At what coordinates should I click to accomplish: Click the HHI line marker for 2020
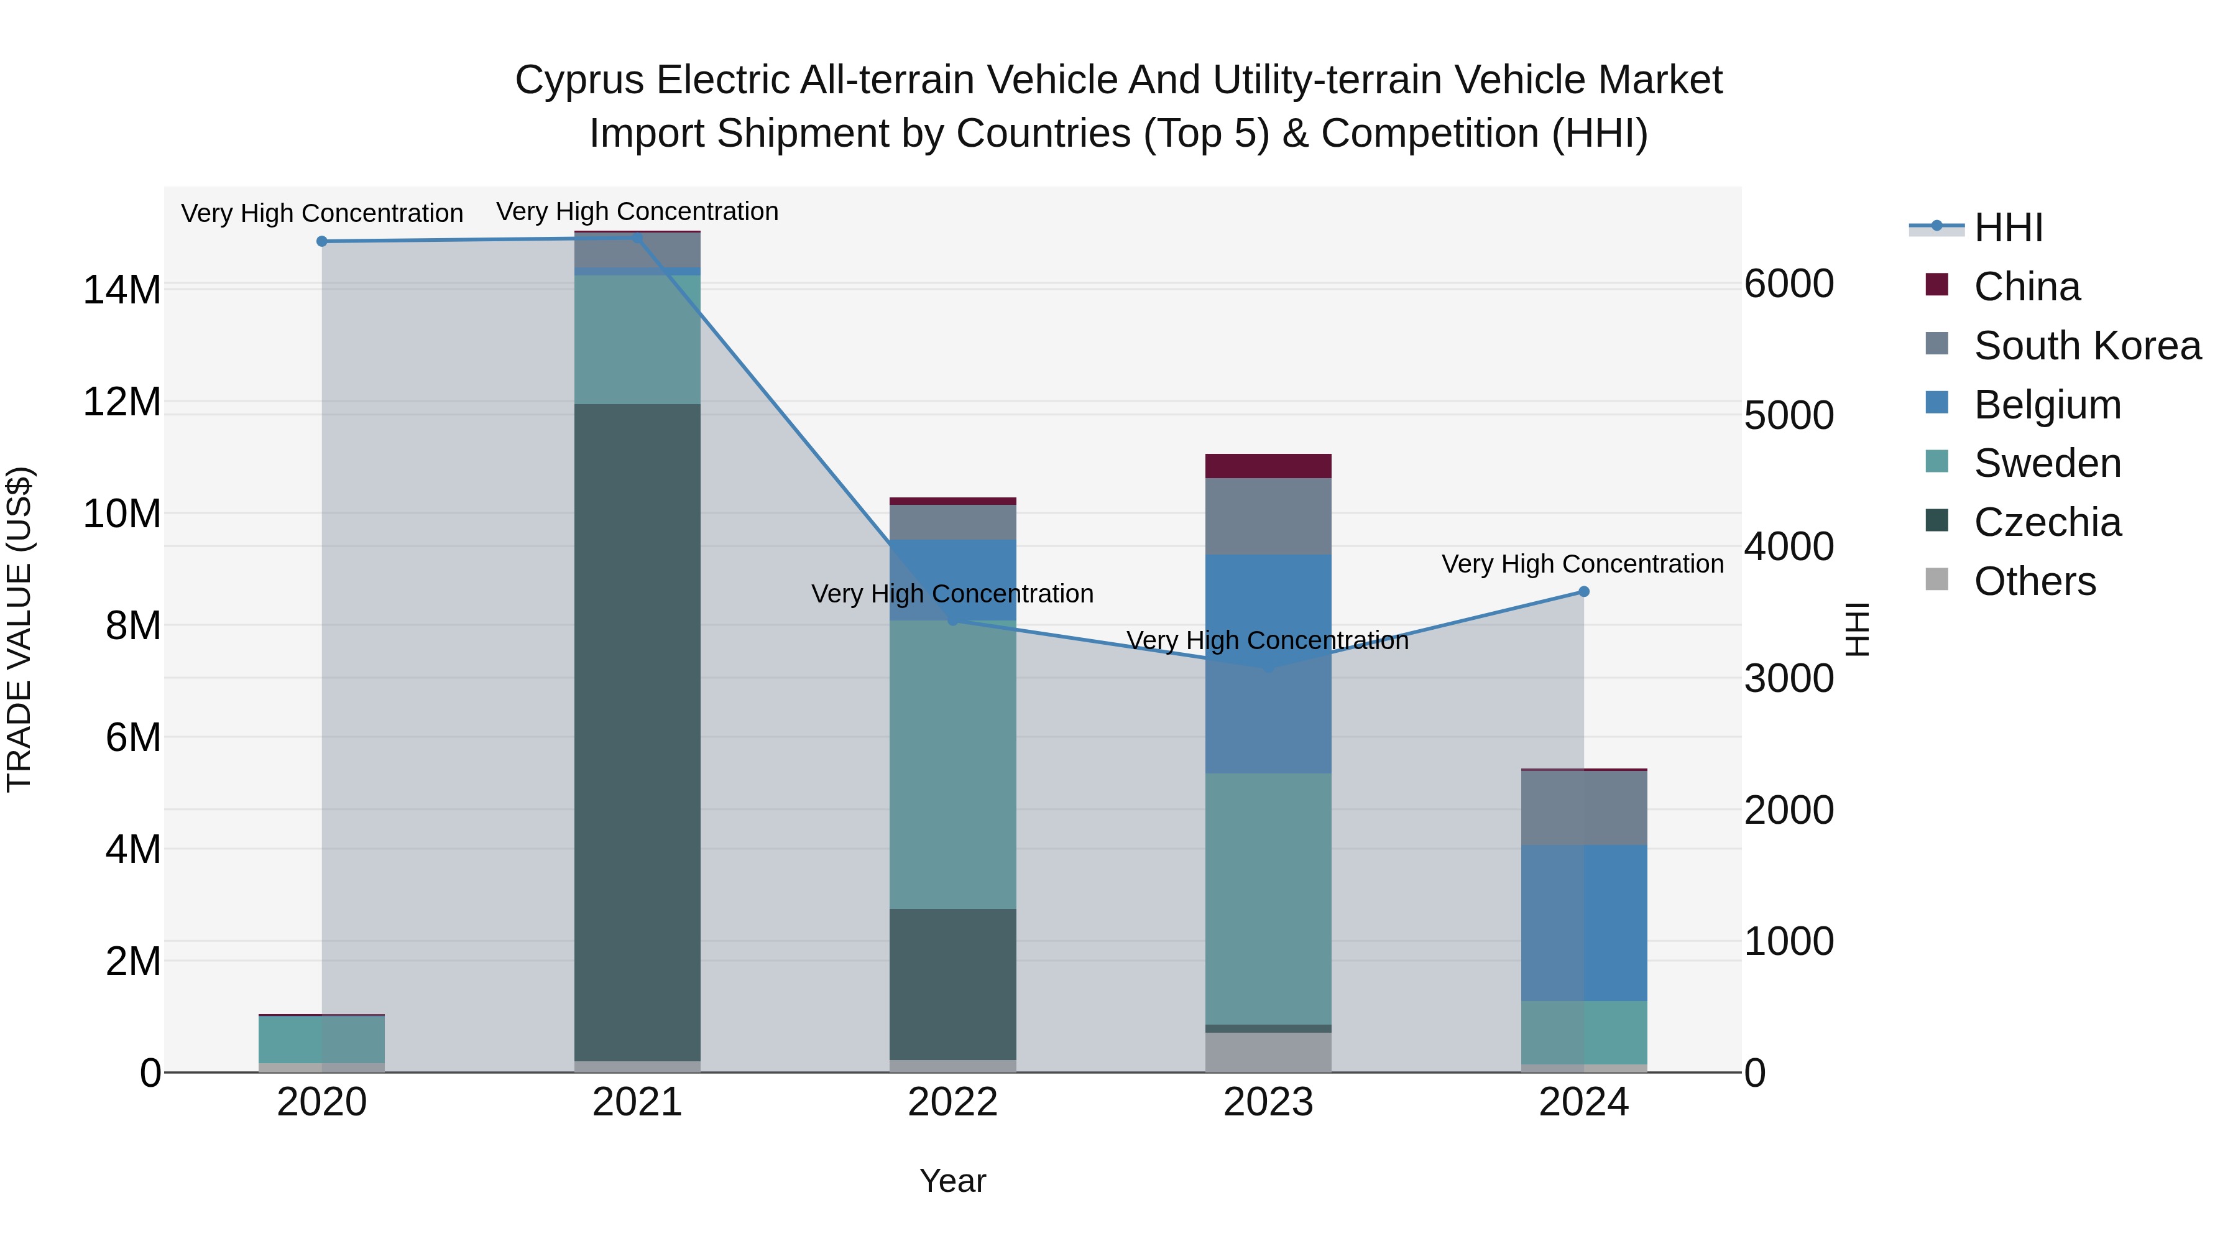click(x=321, y=241)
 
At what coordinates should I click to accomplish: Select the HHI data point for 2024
click(x=1583, y=592)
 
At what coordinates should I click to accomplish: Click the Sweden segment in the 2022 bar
click(x=952, y=765)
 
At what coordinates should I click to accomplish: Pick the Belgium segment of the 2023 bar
click(x=1268, y=664)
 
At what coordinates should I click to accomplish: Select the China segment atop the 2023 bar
click(x=1268, y=466)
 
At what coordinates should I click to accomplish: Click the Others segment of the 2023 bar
click(x=1268, y=1052)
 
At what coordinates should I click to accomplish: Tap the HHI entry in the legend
click(x=2007, y=228)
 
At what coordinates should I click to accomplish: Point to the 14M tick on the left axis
click(x=122, y=289)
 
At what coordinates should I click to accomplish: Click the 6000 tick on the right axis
click(x=1789, y=284)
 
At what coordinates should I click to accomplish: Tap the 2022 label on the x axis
click(x=952, y=1102)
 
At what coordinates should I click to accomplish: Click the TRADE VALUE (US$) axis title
click(x=19, y=629)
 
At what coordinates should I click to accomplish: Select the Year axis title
click(x=952, y=1181)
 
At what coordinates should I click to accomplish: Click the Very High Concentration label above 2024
click(x=1582, y=564)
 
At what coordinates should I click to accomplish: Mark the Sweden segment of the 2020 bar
click(x=321, y=1039)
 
